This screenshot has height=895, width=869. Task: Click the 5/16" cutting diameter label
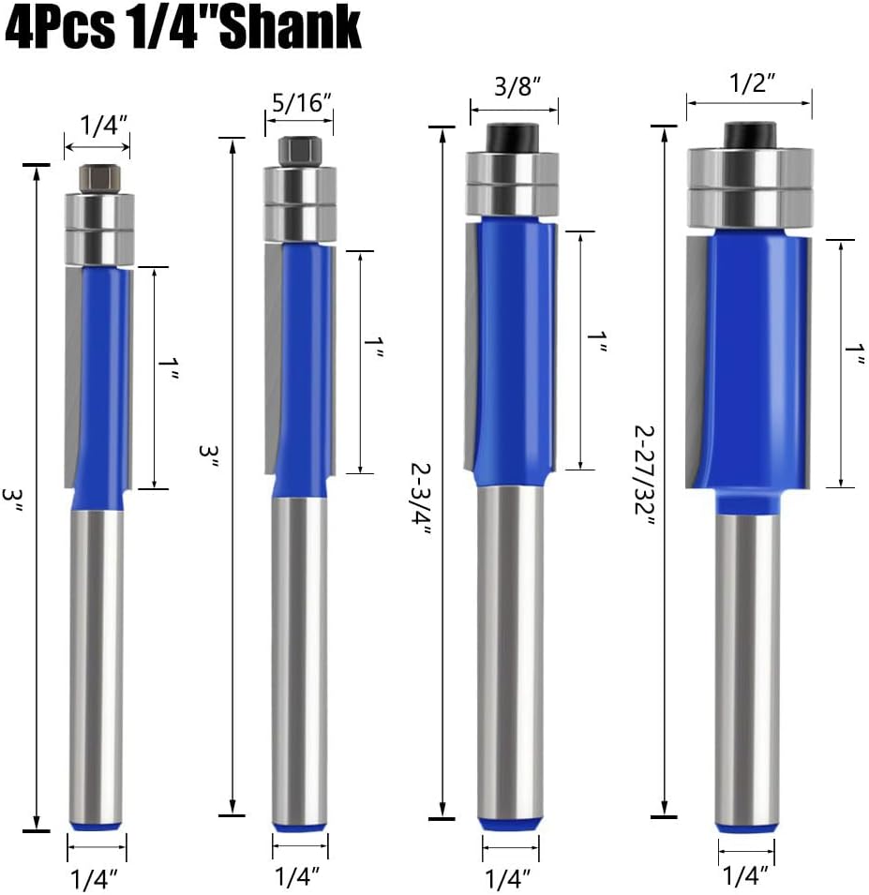pos(302,103)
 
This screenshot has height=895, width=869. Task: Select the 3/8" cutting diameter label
pos(517,87)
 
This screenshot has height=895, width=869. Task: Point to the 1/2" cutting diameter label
pos(753,84)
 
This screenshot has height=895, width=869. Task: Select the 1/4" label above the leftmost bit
pos(103,125)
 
